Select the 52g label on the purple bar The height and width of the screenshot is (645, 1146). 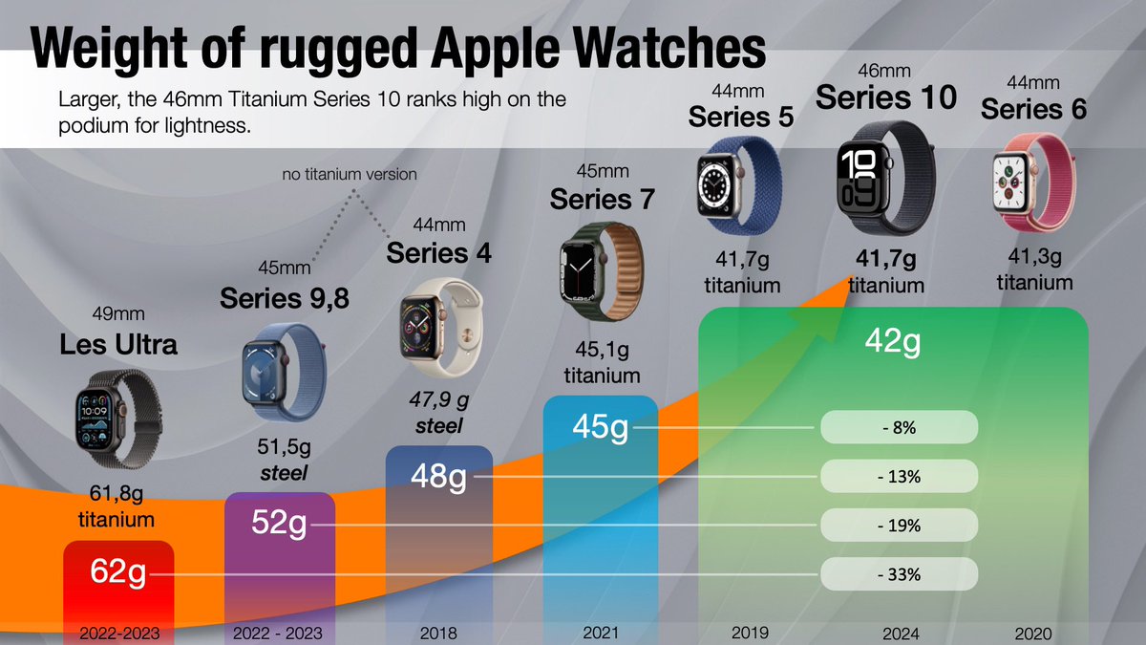(279, 523)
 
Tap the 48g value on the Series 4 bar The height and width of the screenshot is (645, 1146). (438, 475)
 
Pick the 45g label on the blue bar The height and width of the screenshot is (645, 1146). (600, 426)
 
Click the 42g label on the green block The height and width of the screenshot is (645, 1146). (893, 341)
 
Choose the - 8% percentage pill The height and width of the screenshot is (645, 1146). (899, 428)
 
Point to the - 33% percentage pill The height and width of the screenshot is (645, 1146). (899, 574)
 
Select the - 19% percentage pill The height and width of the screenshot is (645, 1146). (899, 526)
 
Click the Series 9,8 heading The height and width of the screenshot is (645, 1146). (285, 298)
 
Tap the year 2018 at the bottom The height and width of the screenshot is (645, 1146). (438, 633)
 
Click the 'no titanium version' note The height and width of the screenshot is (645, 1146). (350, 175)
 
